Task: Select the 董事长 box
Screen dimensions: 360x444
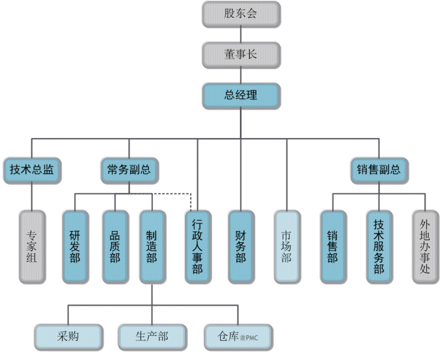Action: (240, 54)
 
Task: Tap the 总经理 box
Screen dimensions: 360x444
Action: (240, 95)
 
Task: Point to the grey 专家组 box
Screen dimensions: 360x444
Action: (32, 247)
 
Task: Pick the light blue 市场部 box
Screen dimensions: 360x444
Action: (287, 247)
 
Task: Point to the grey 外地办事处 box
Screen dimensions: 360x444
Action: (425, 247)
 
